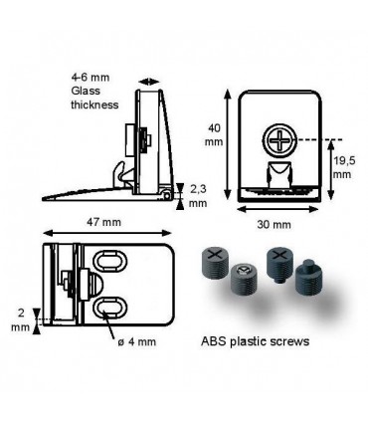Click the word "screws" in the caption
click(x=289, y=340)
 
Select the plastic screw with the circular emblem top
click(x=243, y=278)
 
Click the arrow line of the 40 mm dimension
click(x=232, y=144)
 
